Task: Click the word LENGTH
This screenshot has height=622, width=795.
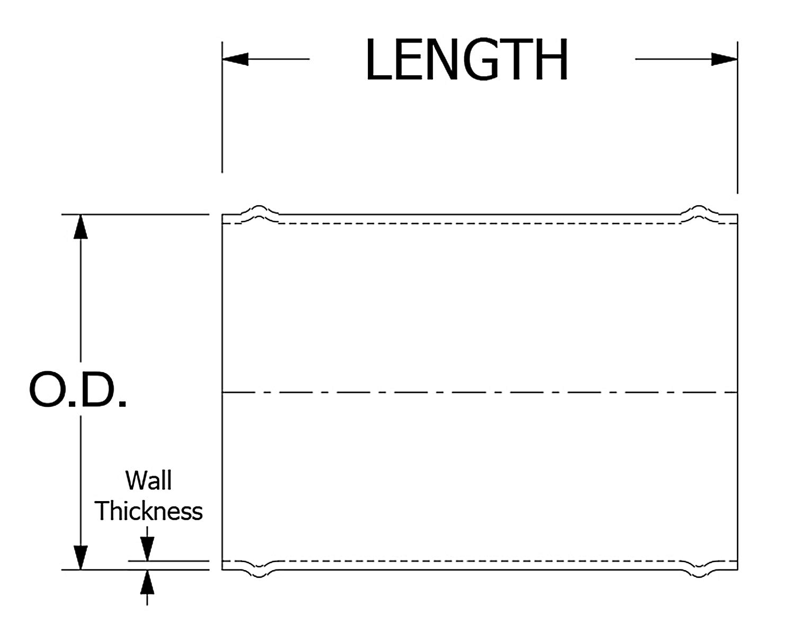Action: click(x=466, y=59)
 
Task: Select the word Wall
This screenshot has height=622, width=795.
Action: click(x=148, y=480)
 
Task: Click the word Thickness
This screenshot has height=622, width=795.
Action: click(x=148, y=512)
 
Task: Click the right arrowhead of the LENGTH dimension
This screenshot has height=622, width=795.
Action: click(x=724, y=59)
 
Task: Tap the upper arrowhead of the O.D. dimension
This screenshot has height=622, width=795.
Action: click(x=80, y=226)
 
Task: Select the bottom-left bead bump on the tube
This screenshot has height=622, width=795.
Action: click(x=259, y=573)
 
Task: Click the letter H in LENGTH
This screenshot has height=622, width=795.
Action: click(x=552, y=59)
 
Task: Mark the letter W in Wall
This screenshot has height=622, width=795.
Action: click(x=136, y=480)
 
